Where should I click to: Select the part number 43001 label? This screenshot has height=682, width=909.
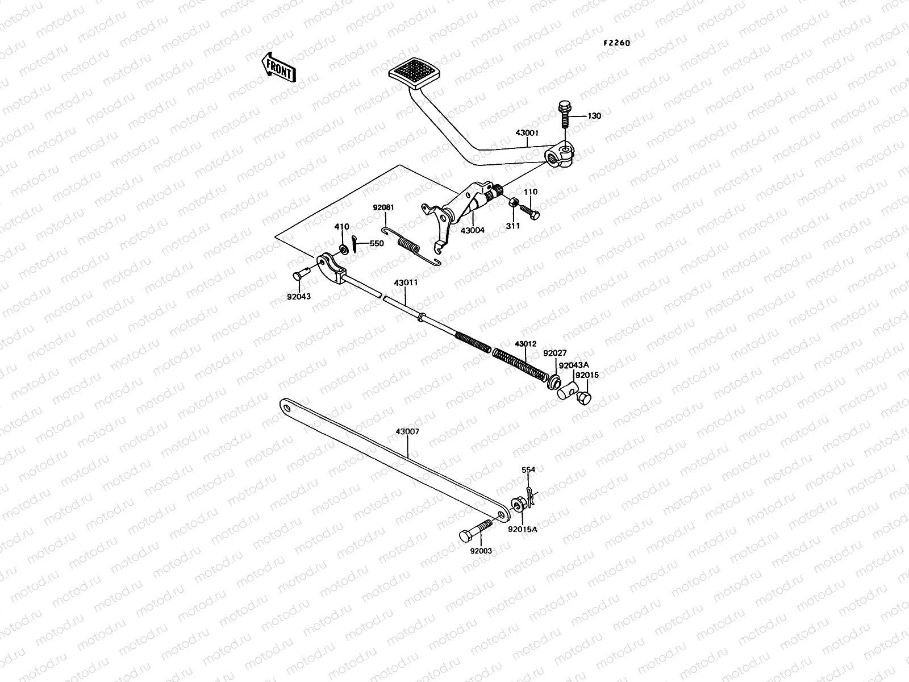[527, 133]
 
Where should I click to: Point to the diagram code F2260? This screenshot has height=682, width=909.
[616, 43]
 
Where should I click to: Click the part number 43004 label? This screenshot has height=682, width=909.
[472, 230]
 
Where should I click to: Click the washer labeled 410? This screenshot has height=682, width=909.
[343, 249]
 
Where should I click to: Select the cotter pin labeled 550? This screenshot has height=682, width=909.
[355, 243]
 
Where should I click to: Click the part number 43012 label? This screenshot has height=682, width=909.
[525, 344]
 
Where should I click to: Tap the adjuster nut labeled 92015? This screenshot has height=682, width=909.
[583, 397]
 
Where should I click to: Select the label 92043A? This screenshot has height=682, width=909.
[573, 365]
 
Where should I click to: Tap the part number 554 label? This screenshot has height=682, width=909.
[528, 470]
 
